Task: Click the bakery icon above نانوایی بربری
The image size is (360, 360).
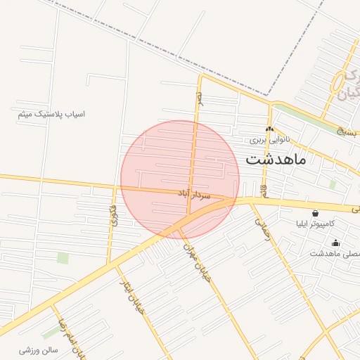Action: [269, 129]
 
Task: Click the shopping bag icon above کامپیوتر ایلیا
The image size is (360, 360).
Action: [314, 212]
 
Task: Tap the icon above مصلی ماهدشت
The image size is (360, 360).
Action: [335, 243]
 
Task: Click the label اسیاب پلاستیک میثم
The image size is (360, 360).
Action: [52, 113]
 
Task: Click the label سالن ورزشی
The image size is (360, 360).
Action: [38, 349]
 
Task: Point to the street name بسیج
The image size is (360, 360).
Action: [347, 131]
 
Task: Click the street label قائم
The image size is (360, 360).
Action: [264, 190]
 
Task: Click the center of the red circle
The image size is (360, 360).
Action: [180, 180]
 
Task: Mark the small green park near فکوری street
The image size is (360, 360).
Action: [63, 258]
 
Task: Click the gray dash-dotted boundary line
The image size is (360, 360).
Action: [176, 53]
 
